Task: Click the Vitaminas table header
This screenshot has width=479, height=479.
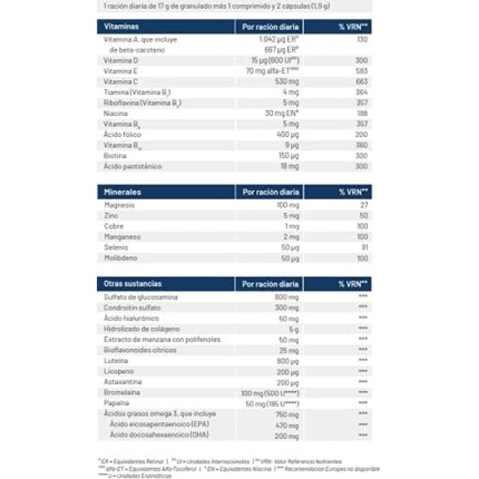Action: pos(122,27)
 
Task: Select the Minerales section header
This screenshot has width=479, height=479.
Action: pos(124,192)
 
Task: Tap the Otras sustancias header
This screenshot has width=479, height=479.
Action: pos(132,283)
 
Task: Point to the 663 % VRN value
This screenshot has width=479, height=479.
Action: pos(361,81)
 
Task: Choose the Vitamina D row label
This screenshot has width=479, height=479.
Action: pos(120,60)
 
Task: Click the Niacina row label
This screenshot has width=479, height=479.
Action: pos(115,113)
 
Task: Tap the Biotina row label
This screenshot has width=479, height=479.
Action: pos(115,156)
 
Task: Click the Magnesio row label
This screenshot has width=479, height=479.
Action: pos(119,205)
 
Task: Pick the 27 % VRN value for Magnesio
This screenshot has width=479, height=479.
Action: pos(363,205)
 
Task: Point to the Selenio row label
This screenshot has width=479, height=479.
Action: pos(116,247)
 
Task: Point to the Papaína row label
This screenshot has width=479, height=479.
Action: pos(117,403)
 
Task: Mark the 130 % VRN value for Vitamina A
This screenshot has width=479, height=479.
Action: pos(362,39)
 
